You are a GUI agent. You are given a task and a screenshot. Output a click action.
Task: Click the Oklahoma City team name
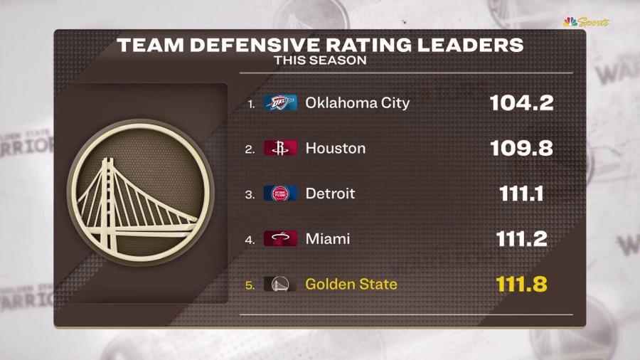click(357, 103)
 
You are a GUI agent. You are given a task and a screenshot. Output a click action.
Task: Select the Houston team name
click(335, 149)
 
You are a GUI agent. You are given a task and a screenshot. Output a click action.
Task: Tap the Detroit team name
click(330, 194)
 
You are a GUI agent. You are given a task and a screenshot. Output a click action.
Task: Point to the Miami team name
click(327, 239)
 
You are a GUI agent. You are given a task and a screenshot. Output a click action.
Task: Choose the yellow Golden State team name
click(351, 285)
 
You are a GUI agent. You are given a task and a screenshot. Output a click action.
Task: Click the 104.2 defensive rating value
click(521, 103)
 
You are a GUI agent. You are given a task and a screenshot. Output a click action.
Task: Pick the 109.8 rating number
click(521, 149)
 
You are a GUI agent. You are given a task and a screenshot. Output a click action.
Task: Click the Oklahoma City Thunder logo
click(280, 103)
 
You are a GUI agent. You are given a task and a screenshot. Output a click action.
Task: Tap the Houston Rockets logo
click(280, 149)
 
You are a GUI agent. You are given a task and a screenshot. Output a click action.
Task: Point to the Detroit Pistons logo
click(280, 194)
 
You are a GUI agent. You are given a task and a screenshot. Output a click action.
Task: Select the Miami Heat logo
click(280, 239)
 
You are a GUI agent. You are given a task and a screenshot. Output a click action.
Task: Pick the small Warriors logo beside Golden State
click(280, 285)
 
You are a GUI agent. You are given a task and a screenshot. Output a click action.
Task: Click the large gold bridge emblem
click(141, 193)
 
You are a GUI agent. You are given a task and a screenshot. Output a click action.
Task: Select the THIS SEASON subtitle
click(320, 60)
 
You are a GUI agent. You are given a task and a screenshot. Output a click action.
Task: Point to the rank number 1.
click(250, 104)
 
